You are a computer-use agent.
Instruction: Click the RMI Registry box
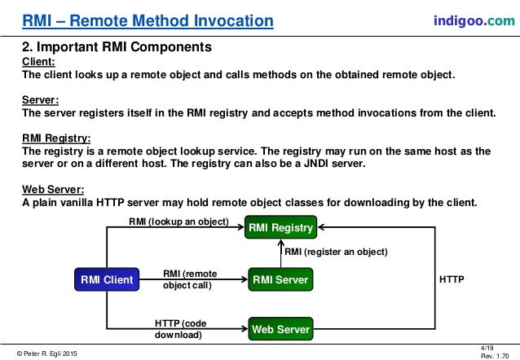(x=280, y=228)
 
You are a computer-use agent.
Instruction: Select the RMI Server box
(x=280, y=280)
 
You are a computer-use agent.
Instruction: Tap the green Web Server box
(x=280, y=330)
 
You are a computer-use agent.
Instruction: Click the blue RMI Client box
(x=106, y=280)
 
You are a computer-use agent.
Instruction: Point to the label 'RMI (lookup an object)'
(x=178, y=221)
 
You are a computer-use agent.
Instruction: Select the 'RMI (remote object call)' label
(x=187, y=279)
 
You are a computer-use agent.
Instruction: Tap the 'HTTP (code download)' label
(x=182, y=327)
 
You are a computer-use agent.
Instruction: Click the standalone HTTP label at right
(x=452, y=279)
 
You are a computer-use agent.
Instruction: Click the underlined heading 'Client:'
(x=38, y=62)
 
